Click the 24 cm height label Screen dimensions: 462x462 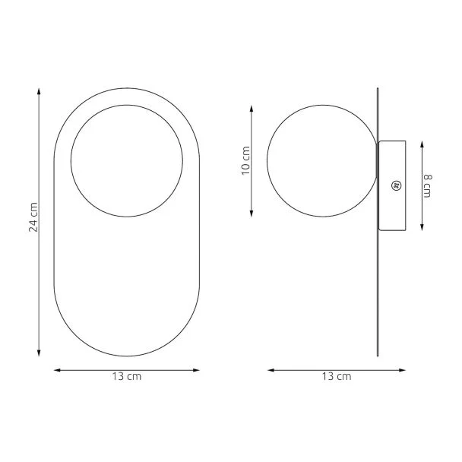tap(33, 217)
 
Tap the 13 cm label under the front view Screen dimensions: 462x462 tap(127, 377)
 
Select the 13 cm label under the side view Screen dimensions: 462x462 tap(337, 377)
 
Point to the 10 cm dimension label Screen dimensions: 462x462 tap(245, 160)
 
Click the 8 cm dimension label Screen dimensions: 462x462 tap(428, 186)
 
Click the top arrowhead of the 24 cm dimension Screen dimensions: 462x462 tap(39, 91)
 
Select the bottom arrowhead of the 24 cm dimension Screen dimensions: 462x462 tap(39, 353)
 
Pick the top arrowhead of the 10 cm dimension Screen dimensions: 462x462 tap(252, 109)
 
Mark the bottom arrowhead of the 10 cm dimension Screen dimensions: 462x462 tap(252, 214)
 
